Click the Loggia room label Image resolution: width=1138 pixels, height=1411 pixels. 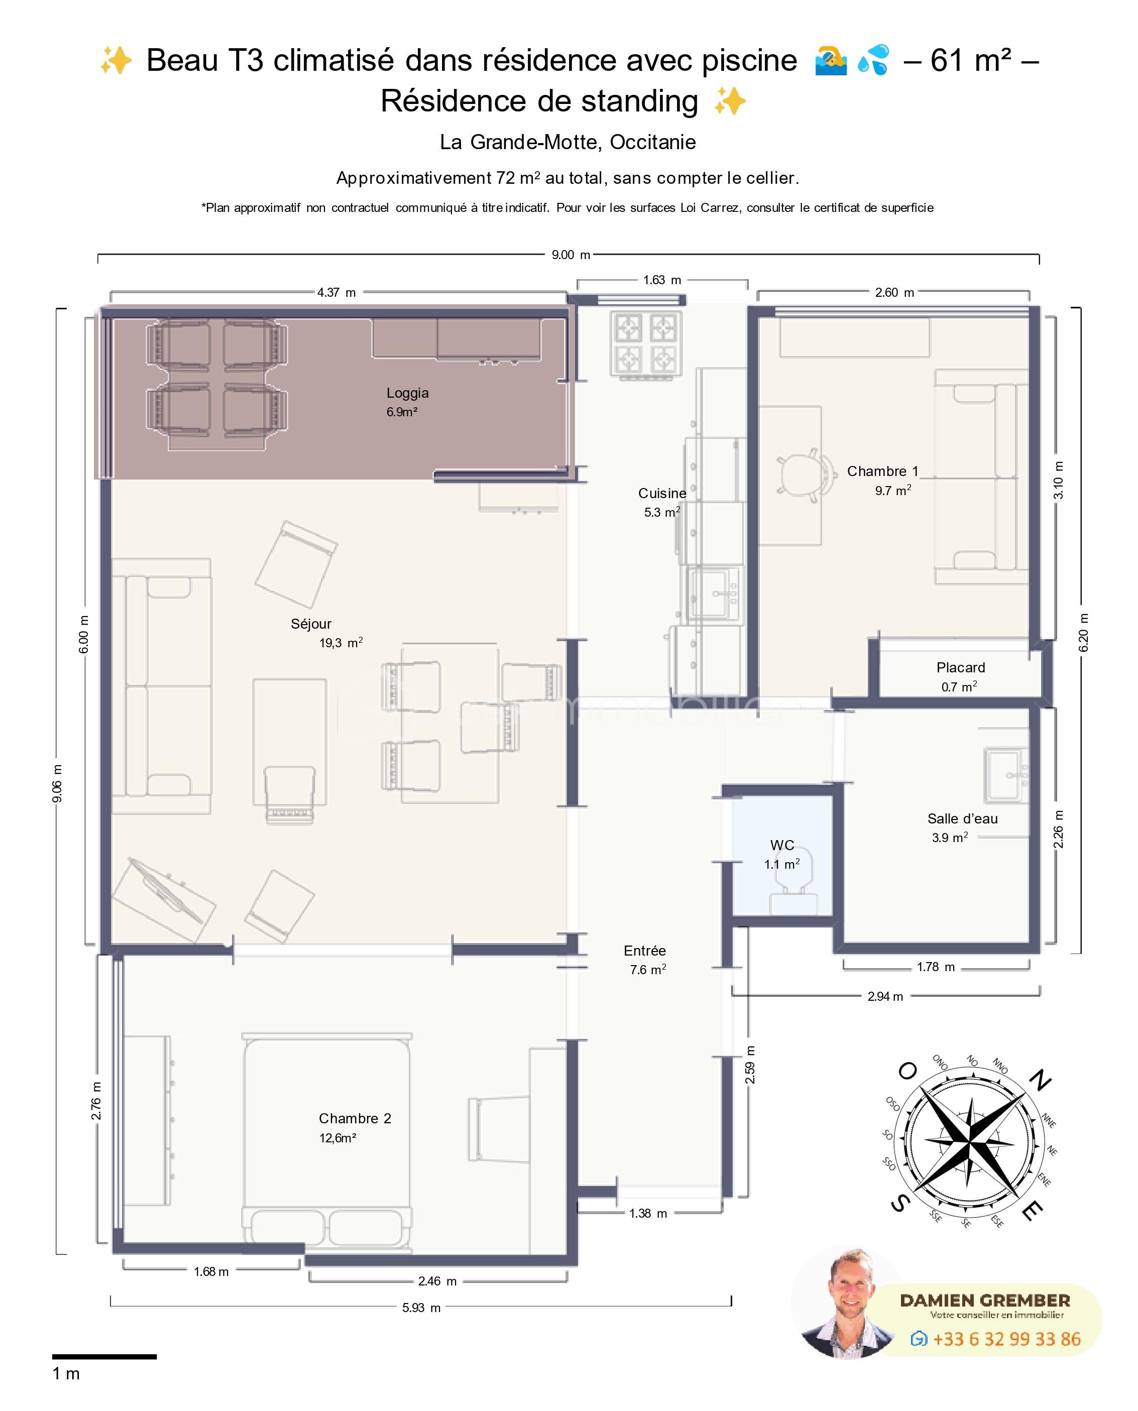tap(407, 393)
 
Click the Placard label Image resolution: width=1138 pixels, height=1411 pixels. tap(960, 668)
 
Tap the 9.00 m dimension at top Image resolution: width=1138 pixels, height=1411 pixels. tap(571, 255)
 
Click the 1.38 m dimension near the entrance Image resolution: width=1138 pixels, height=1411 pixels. tap(648, 1214)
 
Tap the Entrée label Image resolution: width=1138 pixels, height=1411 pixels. tap(644, 950)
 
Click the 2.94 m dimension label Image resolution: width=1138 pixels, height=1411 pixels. tap(884, 997)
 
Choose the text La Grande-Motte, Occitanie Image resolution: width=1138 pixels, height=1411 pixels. tap(567, 142)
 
